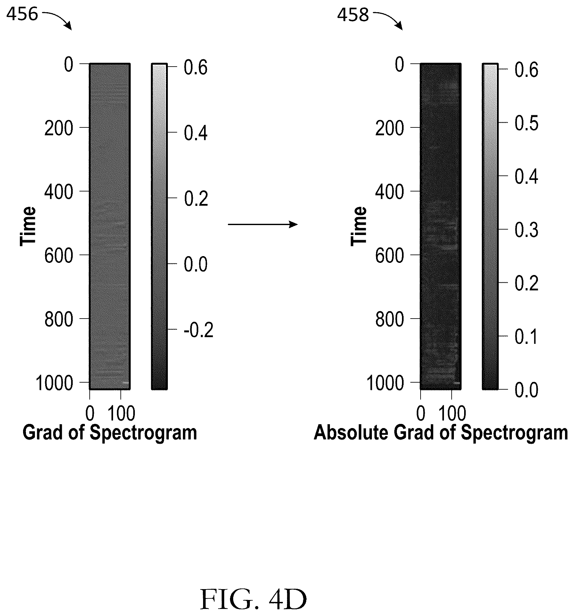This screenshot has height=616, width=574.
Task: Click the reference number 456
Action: [x=22, y=14]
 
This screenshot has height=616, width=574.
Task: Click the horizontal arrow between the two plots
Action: [x=263, y=224]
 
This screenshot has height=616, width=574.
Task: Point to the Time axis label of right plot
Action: [x=358, y=226]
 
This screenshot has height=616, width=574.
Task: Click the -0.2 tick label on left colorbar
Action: [x=199, y=330]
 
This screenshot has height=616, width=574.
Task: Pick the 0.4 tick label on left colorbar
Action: [x=196, y=133]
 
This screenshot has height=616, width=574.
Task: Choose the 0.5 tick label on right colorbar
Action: [x=527, y=123]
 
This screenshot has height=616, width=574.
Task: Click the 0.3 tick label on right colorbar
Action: [x=527, y=230]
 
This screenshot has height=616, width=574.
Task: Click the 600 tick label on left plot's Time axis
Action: [x=59, y=256]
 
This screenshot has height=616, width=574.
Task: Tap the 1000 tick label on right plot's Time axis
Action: [x=385, y=383]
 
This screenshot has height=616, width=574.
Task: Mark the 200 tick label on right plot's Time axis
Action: [x=389, y=129]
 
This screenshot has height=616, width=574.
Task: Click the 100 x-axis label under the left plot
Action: [x=121, y=413]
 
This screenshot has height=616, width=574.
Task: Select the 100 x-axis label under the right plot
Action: [x=452, y=413]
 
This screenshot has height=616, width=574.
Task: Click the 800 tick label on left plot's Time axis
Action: [x=59, y=320]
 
